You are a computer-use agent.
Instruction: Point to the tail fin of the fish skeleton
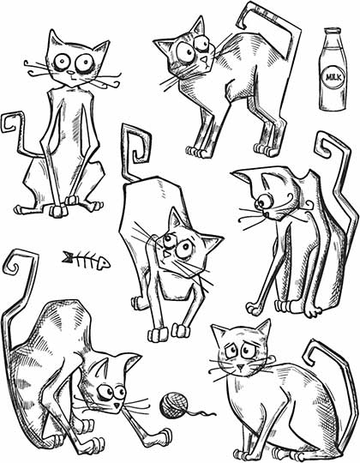click(x=68, y=255)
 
